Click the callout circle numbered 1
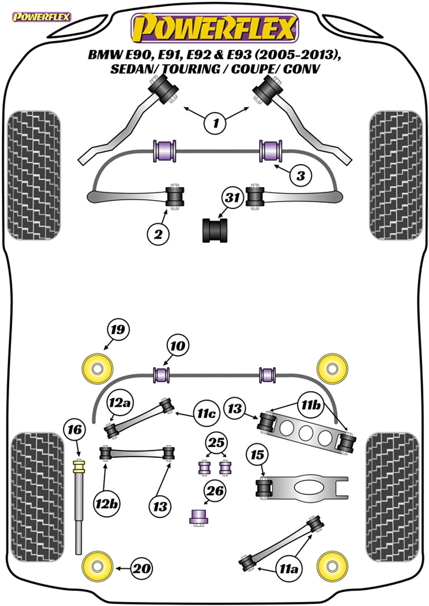[215, 123]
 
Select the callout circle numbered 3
[300, 176]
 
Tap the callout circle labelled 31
[232, 198]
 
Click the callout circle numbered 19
[118, 329]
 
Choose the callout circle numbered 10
[178, 346]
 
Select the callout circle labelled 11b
[310, 405]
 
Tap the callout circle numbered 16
[75, 430]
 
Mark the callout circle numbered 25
[216, 443]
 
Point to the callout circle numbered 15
[257, 455]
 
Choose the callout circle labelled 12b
[106, 503]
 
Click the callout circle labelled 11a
[288, 569]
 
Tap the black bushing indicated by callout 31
[214, 230]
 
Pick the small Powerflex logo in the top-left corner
[41, 17]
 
